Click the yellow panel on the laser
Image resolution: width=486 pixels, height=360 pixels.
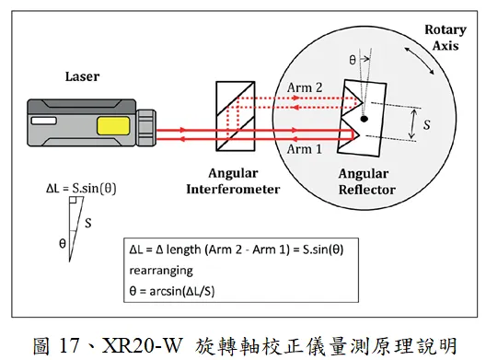[113, 125]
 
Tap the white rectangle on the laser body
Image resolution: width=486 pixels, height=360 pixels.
[44, 121]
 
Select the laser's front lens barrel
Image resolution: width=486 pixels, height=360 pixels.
[145, 127]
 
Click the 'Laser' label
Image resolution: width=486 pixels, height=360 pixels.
[82, 76]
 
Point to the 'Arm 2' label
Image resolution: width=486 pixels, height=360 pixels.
[305, 87]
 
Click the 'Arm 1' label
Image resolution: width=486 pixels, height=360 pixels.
[305, 149]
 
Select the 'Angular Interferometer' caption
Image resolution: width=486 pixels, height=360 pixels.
[233, 181]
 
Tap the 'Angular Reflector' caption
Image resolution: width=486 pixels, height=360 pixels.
[367, 181]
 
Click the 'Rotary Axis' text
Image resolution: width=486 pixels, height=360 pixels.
[445, 38]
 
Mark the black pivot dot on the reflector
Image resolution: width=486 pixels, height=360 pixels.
[364, 119]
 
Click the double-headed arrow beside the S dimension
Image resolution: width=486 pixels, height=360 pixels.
[412, 123]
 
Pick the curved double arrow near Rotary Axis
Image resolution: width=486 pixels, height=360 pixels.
[420, 61]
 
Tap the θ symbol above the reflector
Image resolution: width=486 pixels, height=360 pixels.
[353, 60]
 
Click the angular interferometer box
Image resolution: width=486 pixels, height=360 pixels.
[236, 116]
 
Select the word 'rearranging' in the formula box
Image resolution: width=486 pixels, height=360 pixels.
[161, 271]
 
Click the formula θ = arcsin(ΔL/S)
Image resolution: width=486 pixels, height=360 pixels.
[172, 291]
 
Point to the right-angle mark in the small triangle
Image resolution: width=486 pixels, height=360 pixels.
[73, 200]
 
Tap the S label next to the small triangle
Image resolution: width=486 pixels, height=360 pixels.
[88, 223]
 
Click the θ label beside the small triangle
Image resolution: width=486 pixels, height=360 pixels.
[63, 243]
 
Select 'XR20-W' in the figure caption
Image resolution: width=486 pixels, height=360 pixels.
[142, 345]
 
